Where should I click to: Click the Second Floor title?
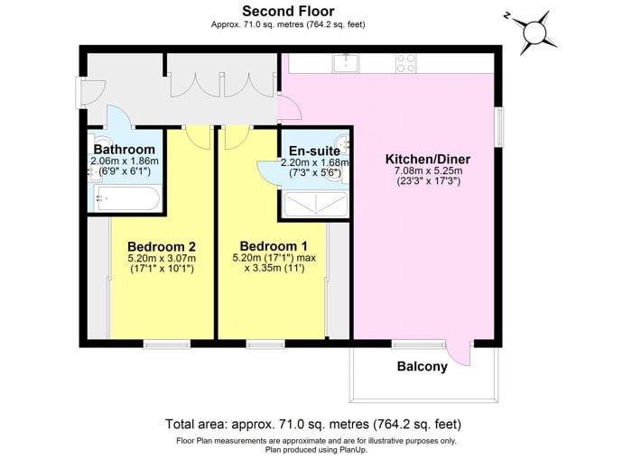[x=288, y=11]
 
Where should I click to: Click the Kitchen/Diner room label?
[x=428, y=159]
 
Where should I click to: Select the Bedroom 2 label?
[x=162, y=246]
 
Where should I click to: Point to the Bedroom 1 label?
[x=274, y=246]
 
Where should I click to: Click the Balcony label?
[x=422, y=366]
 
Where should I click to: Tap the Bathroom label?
[x=125, y=150]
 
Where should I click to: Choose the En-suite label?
[x=314, y=151]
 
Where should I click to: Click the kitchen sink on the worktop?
[x=346, y=63]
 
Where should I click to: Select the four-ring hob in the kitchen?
[x=406, y=63]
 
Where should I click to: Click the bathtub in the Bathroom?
[x=128, y=197]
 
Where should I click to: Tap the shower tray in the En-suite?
[x=316, y=205]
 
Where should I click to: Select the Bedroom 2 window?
[x=166, y=344]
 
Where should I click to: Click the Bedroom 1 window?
[x=265, y=344]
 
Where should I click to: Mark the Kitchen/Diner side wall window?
[x=499, y=126]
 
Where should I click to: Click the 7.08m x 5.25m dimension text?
[x=428, y=170]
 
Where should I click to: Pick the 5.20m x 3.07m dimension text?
[x=162, y=259]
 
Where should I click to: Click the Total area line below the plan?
[x=313, y=424]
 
